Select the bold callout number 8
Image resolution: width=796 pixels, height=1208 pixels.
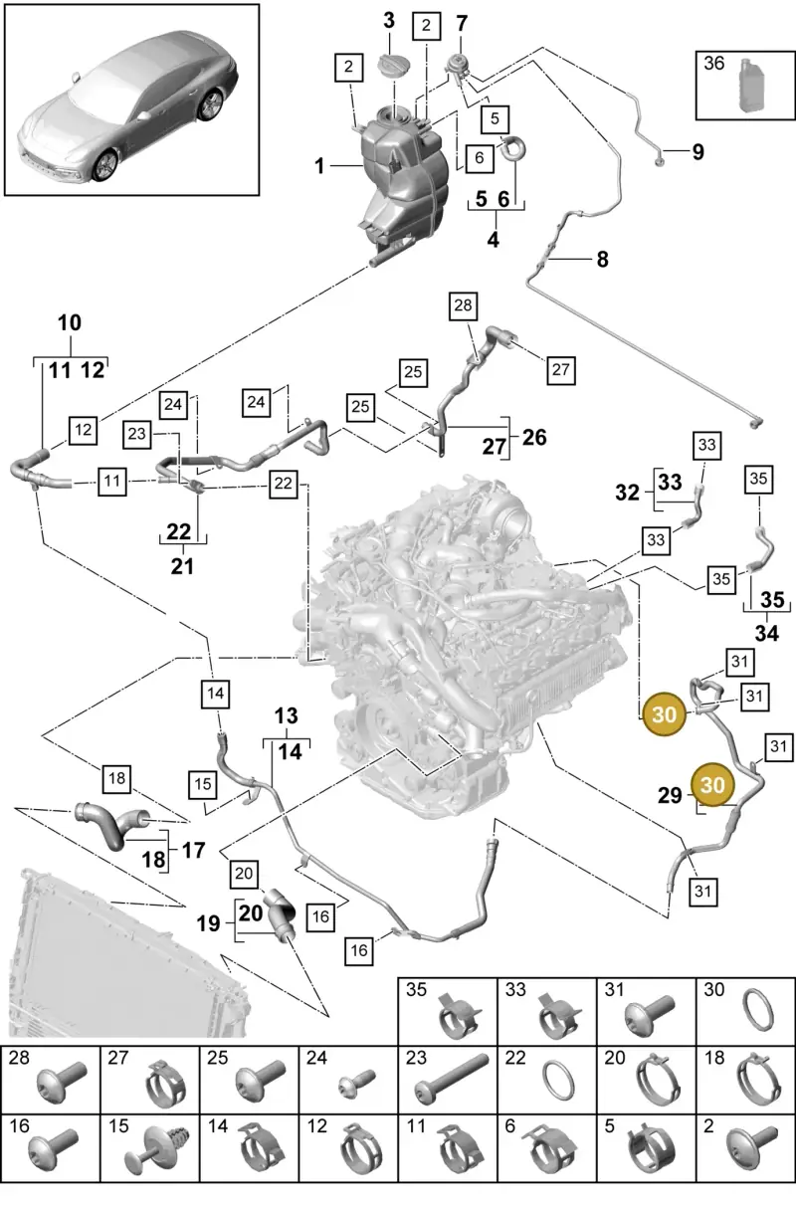point(602,260)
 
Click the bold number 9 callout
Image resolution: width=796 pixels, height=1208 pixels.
point(697,152)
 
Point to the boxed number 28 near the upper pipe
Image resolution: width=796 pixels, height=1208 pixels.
point(464,305)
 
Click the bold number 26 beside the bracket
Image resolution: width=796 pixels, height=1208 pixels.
point(534,438)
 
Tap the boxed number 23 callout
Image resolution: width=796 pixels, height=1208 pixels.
point(137,434)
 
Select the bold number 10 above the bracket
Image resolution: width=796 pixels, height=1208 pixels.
point(70,323)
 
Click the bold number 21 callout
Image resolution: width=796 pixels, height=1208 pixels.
point(182,566)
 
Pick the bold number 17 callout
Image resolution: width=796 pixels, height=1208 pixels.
point(194,851)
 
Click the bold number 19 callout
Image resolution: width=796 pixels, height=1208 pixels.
point(208,923)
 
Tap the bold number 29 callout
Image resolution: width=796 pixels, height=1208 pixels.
point(670,795)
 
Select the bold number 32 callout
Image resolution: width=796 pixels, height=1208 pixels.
point(627,493)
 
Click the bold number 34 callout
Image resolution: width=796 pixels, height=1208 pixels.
point(766,633)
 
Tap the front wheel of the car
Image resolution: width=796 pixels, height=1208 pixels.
point(103,165)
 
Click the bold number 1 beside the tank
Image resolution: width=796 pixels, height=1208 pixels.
point(319,166)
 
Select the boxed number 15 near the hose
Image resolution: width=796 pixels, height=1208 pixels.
point(203,785)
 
